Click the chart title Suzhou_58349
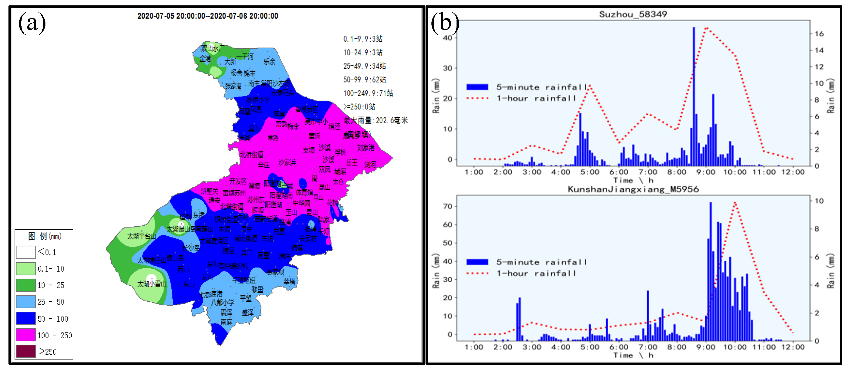point(633,14)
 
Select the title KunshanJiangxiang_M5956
point(633,189)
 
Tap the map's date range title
point(208,16)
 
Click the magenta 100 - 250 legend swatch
point(26,335)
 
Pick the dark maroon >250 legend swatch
point(26,351)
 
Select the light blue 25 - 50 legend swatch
point(26,302)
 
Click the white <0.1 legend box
point(26,252)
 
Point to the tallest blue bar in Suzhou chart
point(693,96)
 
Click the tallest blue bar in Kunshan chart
point(711,271)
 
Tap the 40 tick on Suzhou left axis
point(447,38)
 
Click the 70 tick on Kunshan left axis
point(447,207)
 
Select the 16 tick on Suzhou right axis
point(819,34)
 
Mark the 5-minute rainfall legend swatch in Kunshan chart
point(477,262)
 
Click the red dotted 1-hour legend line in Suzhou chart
point(477,98)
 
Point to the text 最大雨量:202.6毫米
point(375,120)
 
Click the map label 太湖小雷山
point(152,284)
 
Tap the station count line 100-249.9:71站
point(368,93)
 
